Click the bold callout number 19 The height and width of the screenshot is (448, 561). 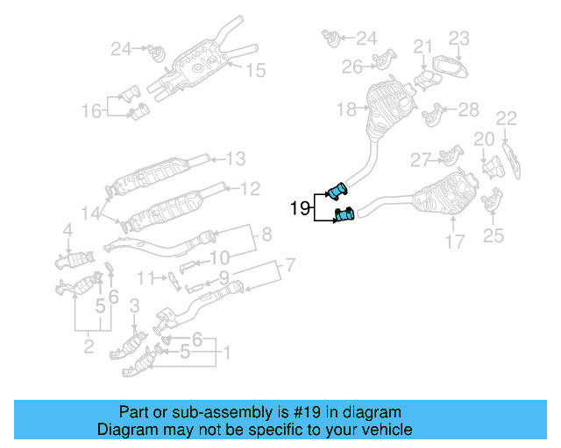coord(301,208)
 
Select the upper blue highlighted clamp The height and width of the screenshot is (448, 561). coord(336,192)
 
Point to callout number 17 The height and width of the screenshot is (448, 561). coord(454,241)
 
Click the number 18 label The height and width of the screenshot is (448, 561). coord(346,109)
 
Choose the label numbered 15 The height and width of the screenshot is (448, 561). coord(254,70)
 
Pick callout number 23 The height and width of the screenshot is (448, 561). coord(459,38)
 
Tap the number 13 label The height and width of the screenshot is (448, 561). coord(236,159)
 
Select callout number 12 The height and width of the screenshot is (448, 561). coord(250,187)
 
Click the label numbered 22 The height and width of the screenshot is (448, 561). coord(506,118)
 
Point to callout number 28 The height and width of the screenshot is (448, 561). coord(469,109)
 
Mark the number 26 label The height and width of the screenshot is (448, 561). coord(352,66)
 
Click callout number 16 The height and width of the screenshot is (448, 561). coord(92,110)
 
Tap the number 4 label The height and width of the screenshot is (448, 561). coord(67,231)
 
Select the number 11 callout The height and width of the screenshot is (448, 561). coord(146,277)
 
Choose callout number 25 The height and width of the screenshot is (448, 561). coord(494,234)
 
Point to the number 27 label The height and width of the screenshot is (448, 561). coord(422,159)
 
